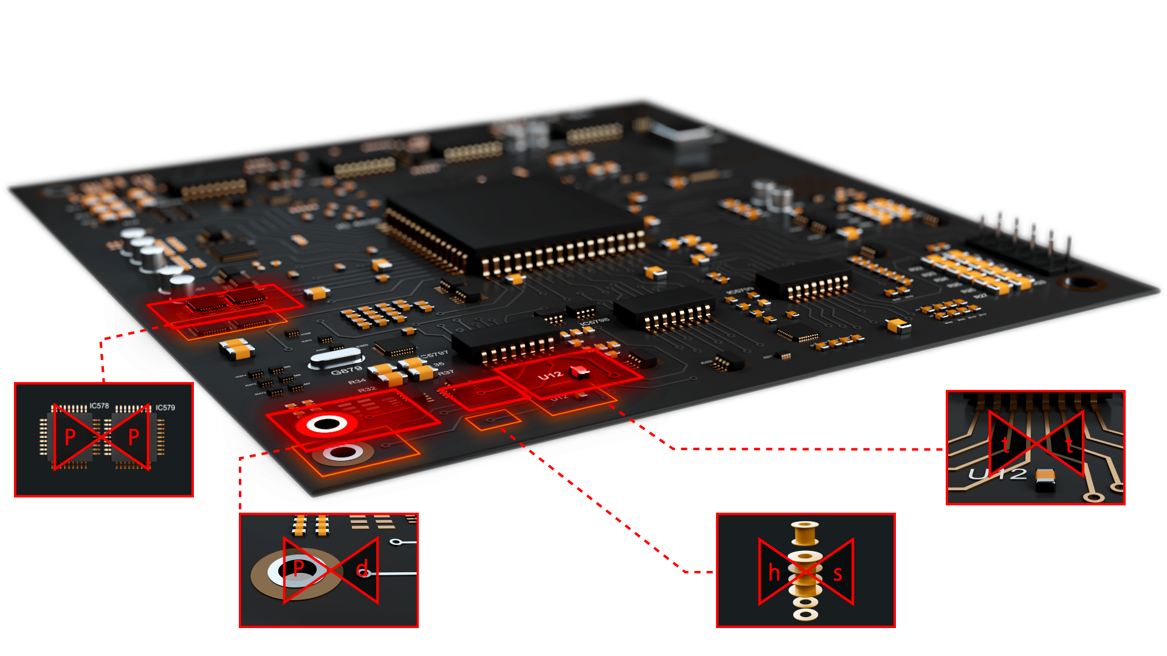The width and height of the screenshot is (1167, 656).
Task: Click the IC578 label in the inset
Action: [99, 406]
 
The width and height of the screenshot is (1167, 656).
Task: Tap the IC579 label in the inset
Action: [165, 408]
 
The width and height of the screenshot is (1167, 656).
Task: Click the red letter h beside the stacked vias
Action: [774, 573]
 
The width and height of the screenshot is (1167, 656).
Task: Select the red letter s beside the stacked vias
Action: [838, 573]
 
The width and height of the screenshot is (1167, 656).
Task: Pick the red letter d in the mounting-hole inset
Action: [362, 569]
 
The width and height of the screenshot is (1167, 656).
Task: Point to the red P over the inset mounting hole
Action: [298, 569]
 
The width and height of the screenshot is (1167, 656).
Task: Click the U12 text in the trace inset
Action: [997, 474]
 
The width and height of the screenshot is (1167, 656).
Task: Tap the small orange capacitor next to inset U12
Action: [1045, 480]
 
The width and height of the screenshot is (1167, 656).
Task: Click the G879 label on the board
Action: [346, 371]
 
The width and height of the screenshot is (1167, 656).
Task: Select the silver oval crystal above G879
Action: [336, 358]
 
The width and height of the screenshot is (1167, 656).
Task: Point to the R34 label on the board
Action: [357, 382]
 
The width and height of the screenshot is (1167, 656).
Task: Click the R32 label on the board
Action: [367, 389]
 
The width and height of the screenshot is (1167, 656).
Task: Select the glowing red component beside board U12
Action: [579, 371]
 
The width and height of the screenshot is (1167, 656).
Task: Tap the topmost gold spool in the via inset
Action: [805, 533]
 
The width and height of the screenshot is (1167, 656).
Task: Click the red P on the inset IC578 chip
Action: [71, 437]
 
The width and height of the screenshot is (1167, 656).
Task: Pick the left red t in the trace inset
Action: [1005, 445]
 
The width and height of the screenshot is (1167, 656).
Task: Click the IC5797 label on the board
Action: [434, 354]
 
